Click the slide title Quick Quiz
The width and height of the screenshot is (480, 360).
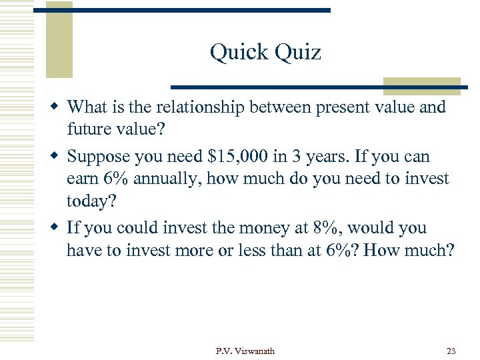[265, 52]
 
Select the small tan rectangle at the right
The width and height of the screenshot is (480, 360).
[421, 86]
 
